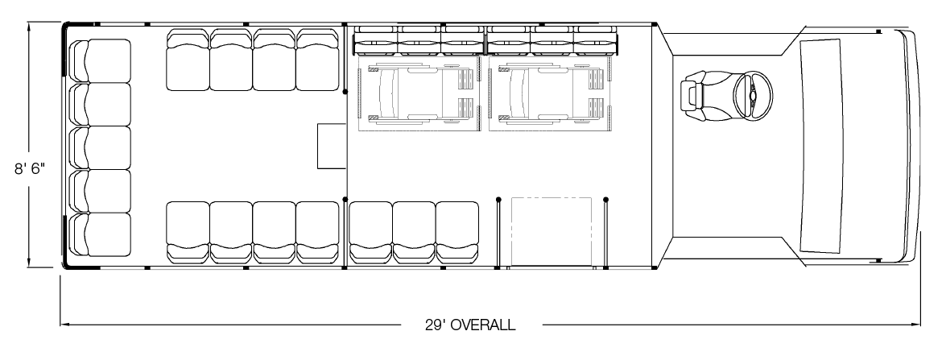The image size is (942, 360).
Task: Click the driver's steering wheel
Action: (x=753, y=94)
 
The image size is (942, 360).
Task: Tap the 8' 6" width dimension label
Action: (x=30, y=169)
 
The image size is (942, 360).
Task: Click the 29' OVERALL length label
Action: (x=470, y=325)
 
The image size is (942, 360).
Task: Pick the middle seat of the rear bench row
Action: (x=101, y=147)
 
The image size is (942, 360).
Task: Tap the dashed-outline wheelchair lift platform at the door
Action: (x=552, y=231)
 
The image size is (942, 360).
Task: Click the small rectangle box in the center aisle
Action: (x=332, y=146)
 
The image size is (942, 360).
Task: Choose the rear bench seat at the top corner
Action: (x=101, y=60)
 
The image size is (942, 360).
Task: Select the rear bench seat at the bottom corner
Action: (x=101, y=234)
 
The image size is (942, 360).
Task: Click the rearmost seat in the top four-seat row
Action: (x=188, y=60)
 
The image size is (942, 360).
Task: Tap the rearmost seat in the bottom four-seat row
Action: (x=188, y=232)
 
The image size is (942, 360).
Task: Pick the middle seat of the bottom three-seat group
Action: (x=414, y=232)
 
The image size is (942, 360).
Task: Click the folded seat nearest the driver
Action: (x=595, y=40)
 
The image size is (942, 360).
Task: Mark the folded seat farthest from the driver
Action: (x=375, y=40)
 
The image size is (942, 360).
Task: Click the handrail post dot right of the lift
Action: (x=605, y=199)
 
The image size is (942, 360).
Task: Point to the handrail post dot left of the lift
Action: (x=498, y=199)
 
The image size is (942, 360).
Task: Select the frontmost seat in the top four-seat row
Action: (x=318, y=60)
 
